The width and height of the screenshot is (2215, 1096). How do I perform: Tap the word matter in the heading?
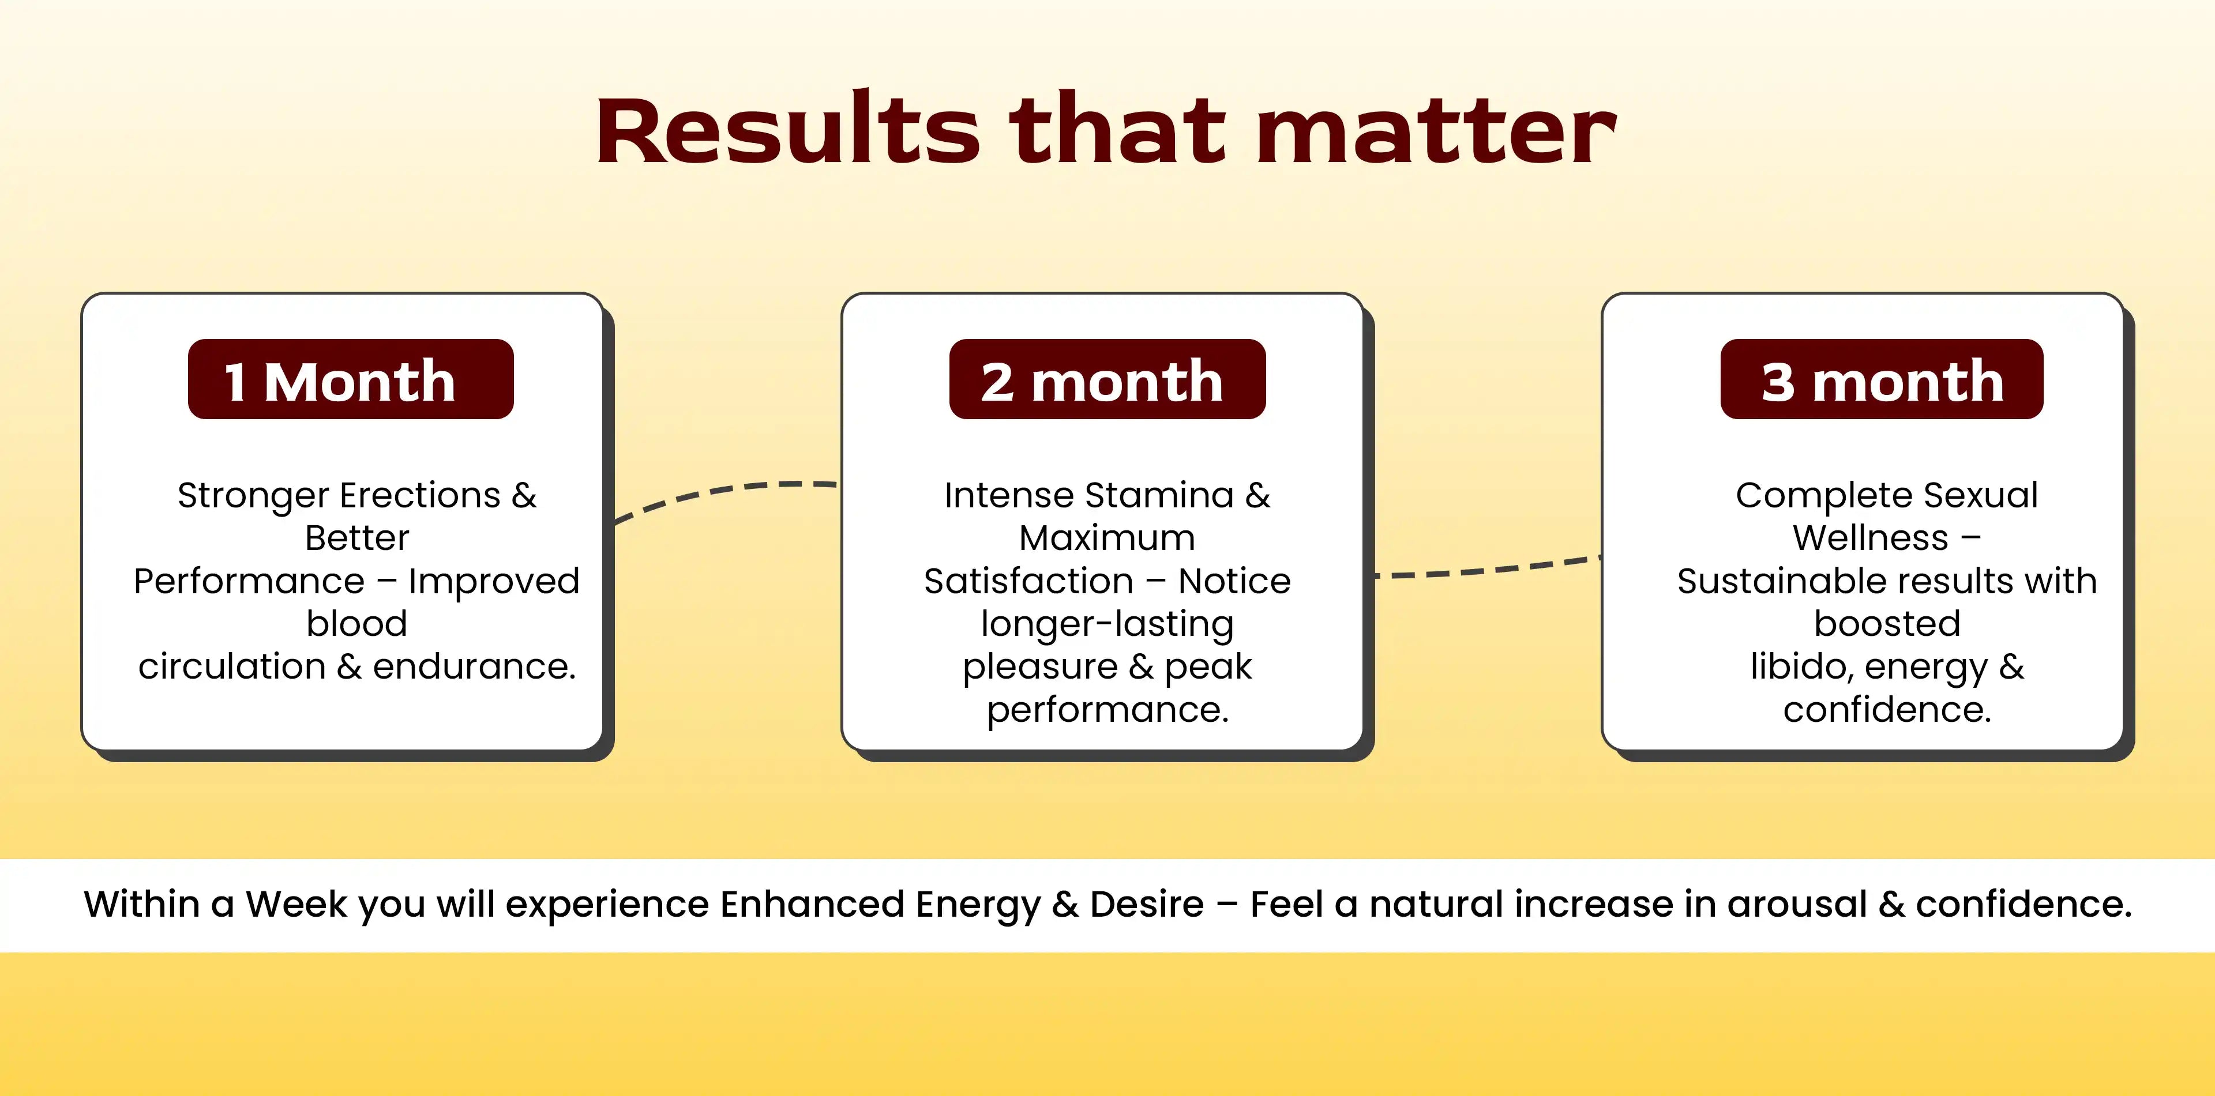click(x=1436, y=131)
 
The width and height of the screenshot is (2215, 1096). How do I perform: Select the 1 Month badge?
click(x=351, y=379)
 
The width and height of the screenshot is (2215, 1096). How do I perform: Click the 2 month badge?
click(x=1107, y=379)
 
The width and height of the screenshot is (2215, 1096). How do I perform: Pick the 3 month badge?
click(x=1882, y=379)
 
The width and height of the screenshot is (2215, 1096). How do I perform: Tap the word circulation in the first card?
click(x=231, y=666)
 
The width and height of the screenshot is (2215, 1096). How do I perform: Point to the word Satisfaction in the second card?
click(x=1028, y=581)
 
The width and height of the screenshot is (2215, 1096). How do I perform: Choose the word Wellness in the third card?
click(x=1870, y=538)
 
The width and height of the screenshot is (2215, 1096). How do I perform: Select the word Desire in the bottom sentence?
click(x=1147, y=905)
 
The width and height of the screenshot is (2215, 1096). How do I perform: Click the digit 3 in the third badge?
click(x=1778, y=382)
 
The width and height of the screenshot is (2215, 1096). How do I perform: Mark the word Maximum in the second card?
click(x=1107, y=538)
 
